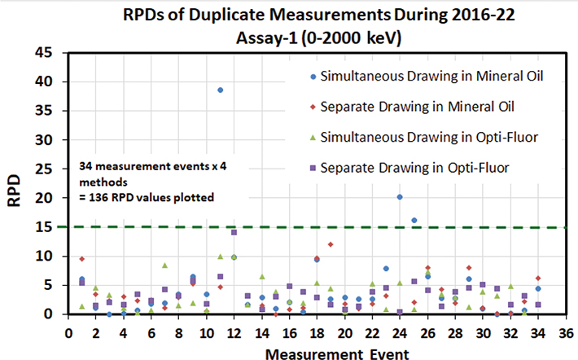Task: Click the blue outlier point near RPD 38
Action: [220, 90]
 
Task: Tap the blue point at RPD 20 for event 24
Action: [399, 197]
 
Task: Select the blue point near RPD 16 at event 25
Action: [414, 220]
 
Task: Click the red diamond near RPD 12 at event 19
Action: [331, 244]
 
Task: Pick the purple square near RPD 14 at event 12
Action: [234, 232]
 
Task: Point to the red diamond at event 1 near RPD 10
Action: [82, 258]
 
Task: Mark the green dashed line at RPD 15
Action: [488, 227]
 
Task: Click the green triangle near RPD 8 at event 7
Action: [164, 266]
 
